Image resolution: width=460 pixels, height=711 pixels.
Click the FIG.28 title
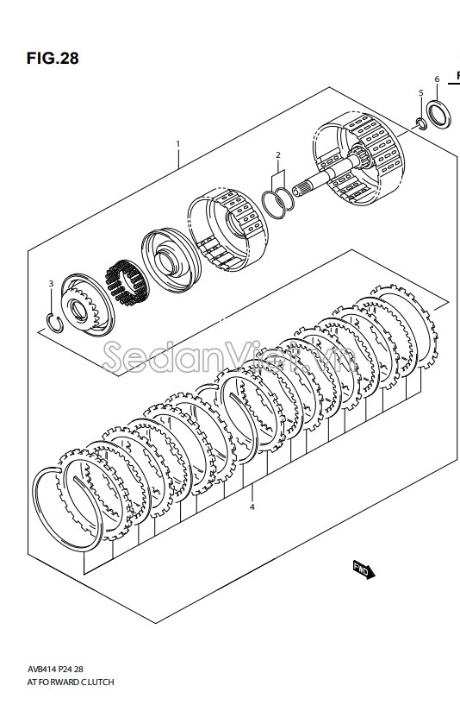(x=53, y=58)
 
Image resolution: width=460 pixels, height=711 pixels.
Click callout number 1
(x=178, y=144)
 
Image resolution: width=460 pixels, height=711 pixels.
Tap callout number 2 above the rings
(x=278, y=155)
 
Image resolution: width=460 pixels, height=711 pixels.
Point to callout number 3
(x=51, y=283)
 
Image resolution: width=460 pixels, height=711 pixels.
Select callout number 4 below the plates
(x=252, y=507)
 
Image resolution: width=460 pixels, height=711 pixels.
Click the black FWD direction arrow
(x=364, y=570)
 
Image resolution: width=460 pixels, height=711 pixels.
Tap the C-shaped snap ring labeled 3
(x=55, y=322)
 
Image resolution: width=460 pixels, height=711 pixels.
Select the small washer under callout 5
(x=421, y=123)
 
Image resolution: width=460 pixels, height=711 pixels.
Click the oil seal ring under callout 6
(x=438, y=114)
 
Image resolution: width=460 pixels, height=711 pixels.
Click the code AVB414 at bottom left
(x=40, y=669)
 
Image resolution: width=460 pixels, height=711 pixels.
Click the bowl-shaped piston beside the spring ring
(x=171, y=260)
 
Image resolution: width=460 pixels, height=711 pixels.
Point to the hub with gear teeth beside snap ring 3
(x=87, y=305)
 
